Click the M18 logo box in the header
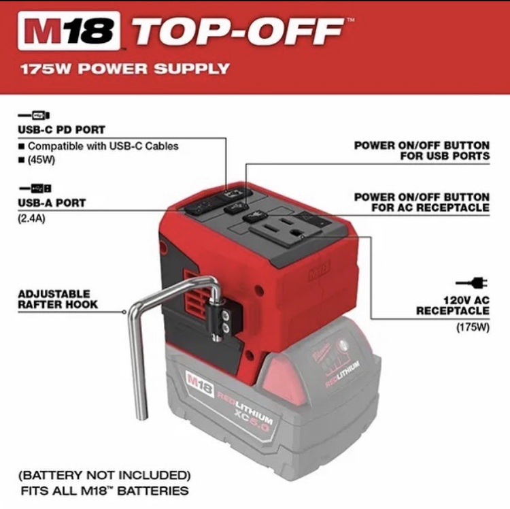pos(69,31)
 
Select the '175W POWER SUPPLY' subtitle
pos(125,69)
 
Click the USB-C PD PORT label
pos(61,129)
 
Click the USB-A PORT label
pos(52,203)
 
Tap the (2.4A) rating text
pos(31,218)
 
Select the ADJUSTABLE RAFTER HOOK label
pos(58,299)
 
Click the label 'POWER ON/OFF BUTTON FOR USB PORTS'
pos(422,150)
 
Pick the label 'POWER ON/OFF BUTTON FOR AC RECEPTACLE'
pos(422,202)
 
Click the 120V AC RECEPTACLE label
pos(453,306)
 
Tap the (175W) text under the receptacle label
pos(473,327)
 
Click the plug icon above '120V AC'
pos(471,282)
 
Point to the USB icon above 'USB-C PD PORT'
pos(34,115)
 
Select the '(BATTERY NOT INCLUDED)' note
pos(105,475)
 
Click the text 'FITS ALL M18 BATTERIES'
pos(105,491)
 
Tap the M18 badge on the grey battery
pos(199,383)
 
